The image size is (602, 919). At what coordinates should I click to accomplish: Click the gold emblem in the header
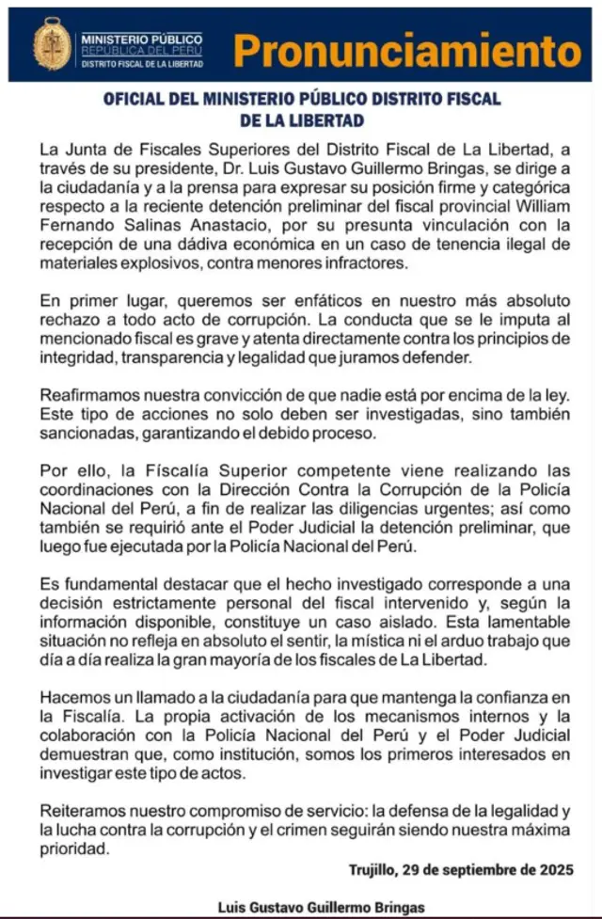click(53, 44)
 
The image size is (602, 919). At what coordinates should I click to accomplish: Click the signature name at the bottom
click(321, 907)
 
